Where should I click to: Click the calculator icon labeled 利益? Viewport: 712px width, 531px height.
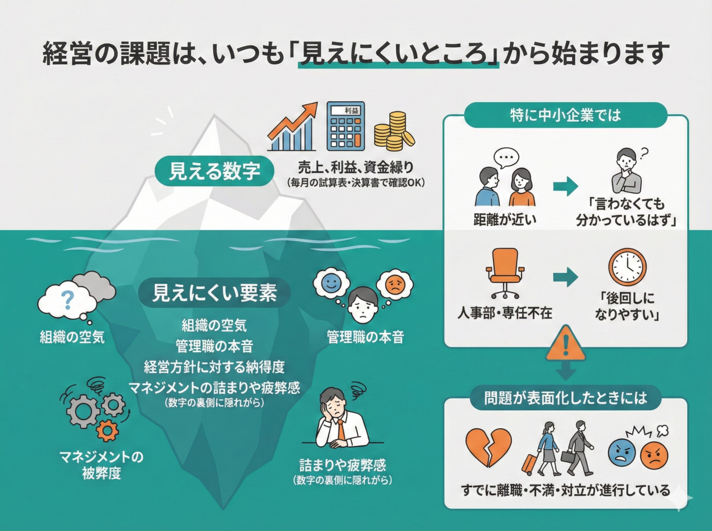pyautogui.click(x=346, y=126)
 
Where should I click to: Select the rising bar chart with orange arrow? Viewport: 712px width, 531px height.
pyautogui.click(x=292, y=127)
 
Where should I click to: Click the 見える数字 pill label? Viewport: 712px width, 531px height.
pyautogui.click(x=214, y=171)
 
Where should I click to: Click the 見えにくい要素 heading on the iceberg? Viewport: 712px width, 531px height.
pyautogui.click(x=214, y=293)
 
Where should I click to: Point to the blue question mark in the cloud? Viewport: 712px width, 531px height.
pyautogui.click(x=67, y=299)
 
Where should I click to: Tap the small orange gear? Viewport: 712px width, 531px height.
pyautogui.click(x=107, y=430)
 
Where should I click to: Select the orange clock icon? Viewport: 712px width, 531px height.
pyautogui.click(x=627, y=267)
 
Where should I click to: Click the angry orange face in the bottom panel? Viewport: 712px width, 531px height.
pyautogui.click(x=654, y=455)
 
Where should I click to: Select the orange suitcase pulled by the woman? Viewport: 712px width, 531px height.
pyautogui.click(x=530, y=463)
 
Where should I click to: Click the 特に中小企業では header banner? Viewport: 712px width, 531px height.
pyautogui.click(x=565, y=115)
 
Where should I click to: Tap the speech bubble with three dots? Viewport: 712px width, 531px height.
pyautogui.click(x=506, y=158)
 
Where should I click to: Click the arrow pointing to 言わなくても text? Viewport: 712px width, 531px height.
pyautogui.click(x=566, y=186)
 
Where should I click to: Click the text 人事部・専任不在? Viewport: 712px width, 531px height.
pyautogui.click(x=504, y=313)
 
